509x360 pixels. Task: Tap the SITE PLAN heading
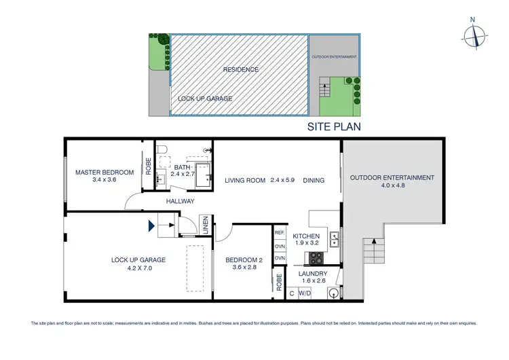pos(335,126)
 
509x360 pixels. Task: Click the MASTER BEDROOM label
pos(105,173)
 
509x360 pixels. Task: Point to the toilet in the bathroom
pos(161,150)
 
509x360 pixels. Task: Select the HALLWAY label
pos(180,201)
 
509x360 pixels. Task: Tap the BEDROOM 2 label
pos(244,259)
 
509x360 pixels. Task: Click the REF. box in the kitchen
pos(279,233)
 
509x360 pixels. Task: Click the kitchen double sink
pos(334,238)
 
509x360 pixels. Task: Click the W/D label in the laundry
pos(305,294)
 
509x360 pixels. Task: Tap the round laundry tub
pos(333,294)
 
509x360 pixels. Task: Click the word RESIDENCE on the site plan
pos(241,69)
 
